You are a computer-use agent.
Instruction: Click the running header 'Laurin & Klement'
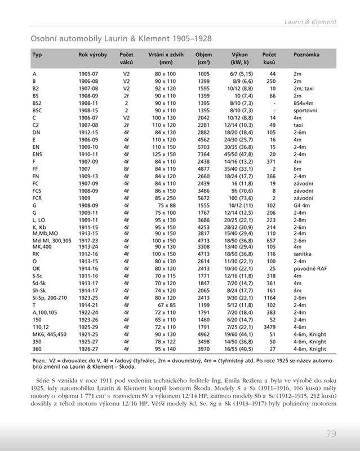[310, 22]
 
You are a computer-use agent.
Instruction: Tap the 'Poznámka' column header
[306, 55]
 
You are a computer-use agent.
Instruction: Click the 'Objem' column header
[203, 55]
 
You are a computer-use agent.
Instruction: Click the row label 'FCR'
[37, 198]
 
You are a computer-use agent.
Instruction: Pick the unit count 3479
[268, 325]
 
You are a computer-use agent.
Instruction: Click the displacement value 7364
[203, 154]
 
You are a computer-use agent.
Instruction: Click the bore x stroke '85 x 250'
[165, 198]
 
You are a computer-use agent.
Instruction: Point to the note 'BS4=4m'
[304, 103]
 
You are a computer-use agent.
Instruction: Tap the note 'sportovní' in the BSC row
[305, 110]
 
